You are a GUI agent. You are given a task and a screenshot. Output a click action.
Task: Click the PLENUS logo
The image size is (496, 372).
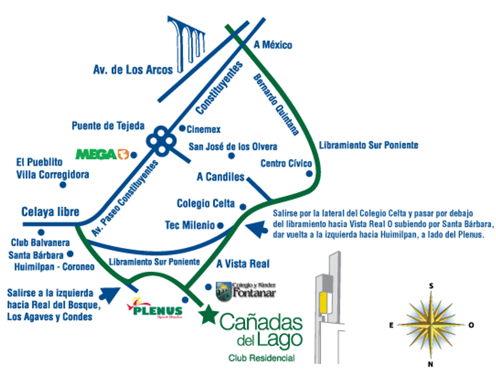(x=155, y=309)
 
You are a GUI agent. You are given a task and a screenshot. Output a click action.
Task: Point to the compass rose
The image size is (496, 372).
(x=432, y=324)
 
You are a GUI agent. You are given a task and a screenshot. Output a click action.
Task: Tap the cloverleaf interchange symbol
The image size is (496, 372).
(x=161, y=141)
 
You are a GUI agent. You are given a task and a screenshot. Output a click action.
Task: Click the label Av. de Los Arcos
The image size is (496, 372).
(x=133, y=70)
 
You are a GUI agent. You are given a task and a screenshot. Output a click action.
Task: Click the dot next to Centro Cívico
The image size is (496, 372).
(x=309, y=174)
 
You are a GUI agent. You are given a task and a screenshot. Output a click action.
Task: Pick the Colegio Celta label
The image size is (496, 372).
(x=205, y=204)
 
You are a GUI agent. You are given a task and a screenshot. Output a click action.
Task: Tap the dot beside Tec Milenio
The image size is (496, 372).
(x=220, y=225)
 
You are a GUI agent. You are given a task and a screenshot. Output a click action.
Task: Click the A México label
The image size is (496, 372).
(x=273, y=45)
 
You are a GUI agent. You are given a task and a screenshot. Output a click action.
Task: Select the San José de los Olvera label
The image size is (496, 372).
(x=232, y=146)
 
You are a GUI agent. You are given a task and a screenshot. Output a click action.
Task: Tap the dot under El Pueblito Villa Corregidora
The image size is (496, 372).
(x=63, y=184)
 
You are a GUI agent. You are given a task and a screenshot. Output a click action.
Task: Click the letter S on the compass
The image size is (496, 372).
(x=432, y=286)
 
